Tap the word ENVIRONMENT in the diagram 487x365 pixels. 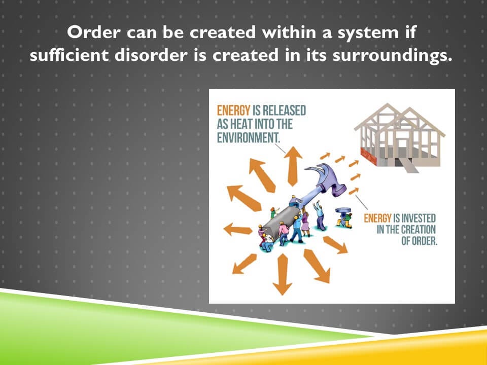(x=248, y=138)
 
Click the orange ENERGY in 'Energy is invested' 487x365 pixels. (x=377, y=217)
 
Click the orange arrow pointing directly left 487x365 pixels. (x=237, y=230)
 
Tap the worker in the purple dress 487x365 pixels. (x=305, y=224)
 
